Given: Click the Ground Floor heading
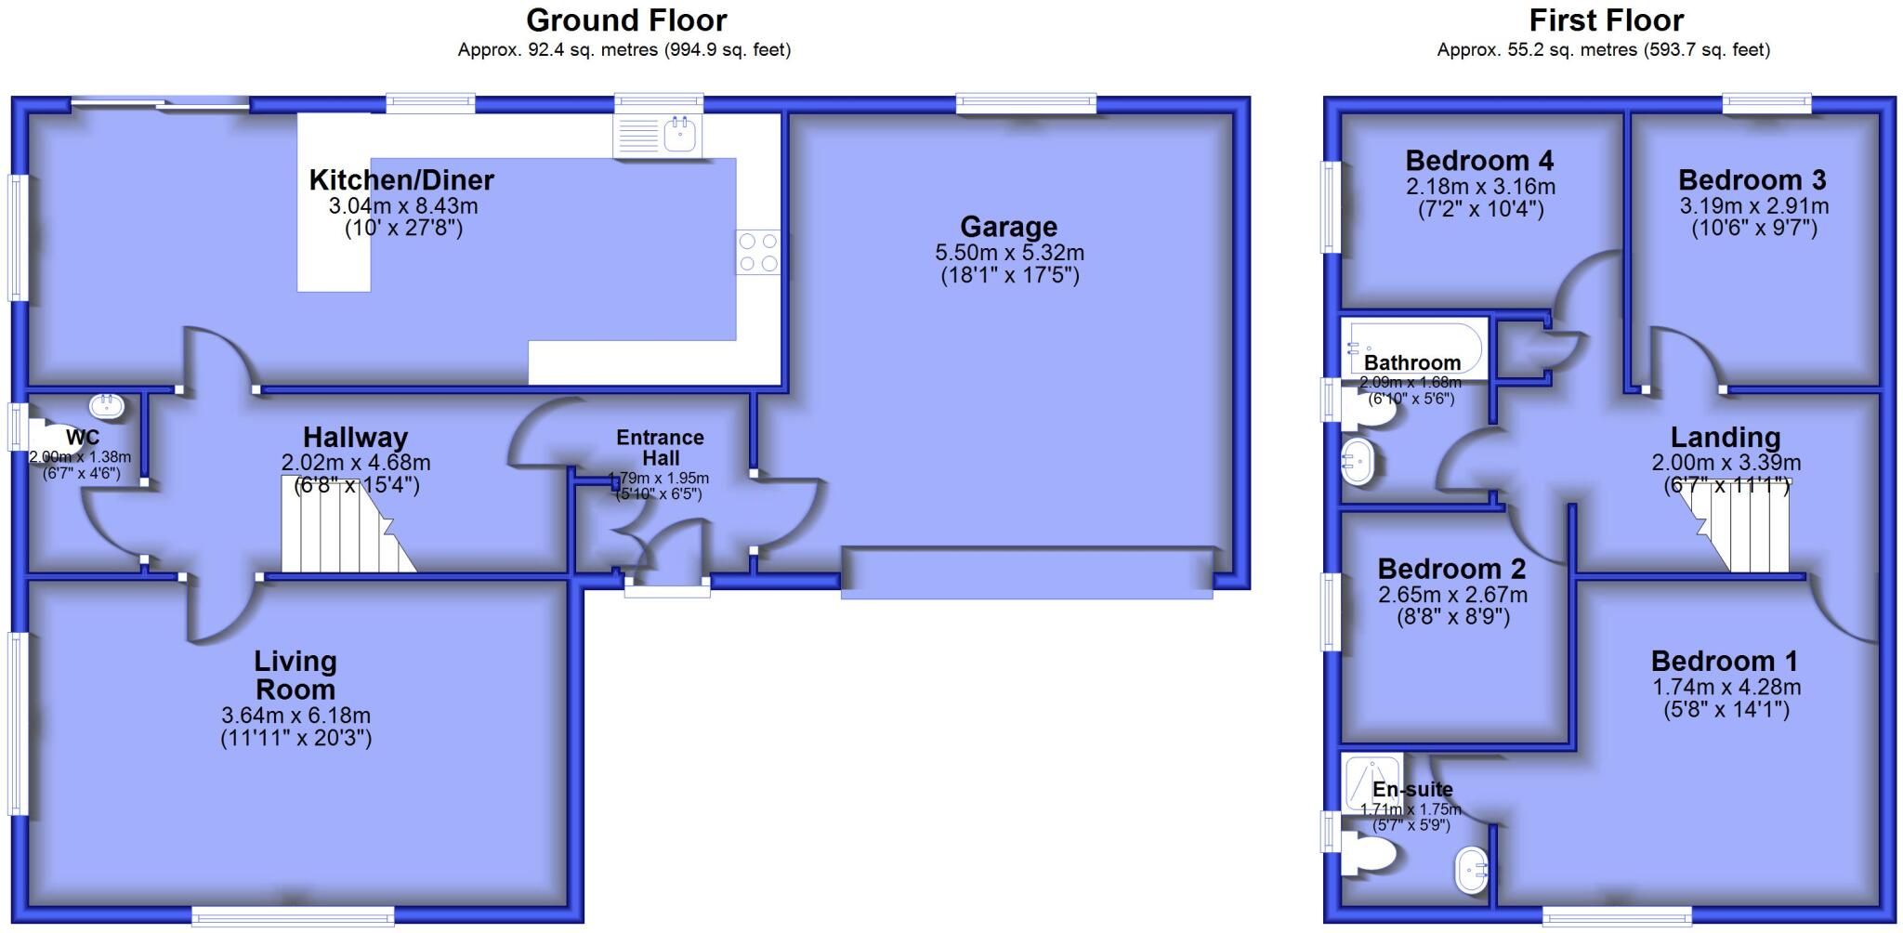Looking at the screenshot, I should coord(626,20).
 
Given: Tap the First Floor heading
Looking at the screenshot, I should coord(1606,20).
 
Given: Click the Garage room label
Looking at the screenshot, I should coord(1008,227).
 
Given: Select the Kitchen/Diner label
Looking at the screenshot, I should coord(401,179).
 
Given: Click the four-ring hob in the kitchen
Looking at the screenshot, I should coord(757,252).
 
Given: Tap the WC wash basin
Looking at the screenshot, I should coord(106,405).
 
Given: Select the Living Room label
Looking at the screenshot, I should coord(295,676).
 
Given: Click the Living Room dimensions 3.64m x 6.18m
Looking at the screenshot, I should coord(295,716).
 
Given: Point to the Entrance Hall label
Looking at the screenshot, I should coord(660,447).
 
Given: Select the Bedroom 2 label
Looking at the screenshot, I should coord(1451,568).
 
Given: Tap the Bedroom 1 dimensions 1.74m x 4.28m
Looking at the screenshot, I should coord(1726,688).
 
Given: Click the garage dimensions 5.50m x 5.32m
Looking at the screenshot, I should coord(1009,253).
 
